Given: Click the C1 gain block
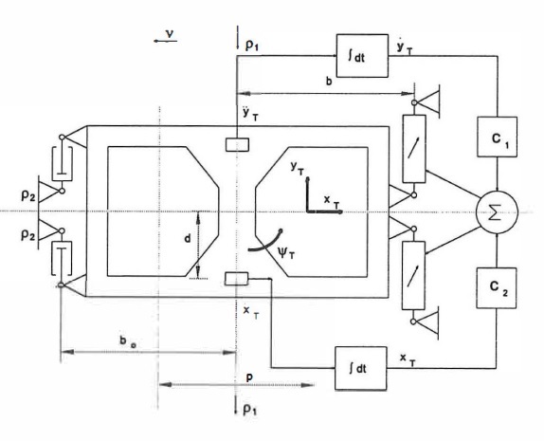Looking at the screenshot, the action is tap(498, 137).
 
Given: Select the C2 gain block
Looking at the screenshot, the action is tap(497, 288).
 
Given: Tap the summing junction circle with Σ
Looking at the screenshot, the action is tap(497, 211).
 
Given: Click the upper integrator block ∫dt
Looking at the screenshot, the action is tap(362, 56).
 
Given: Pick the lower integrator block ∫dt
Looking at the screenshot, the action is tap(361, 368).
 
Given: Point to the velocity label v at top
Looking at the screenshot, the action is tap(170, 34).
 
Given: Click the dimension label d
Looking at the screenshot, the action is tap(188, 239).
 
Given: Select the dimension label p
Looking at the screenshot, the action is tap(248, 378).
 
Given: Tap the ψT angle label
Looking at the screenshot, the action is tap(286, 252).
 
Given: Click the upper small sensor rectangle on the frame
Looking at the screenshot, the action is tap(237, 144).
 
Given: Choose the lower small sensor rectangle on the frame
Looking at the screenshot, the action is tap(237, 279).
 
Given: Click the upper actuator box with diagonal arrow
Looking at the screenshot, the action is tap(414, 149).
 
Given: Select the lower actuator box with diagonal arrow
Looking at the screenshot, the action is tap(413, 275).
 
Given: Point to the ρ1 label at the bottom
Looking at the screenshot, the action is tap(250, 411).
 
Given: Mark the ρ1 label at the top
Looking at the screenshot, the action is tap(252, 46).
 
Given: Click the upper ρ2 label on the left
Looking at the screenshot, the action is tap(27, 196).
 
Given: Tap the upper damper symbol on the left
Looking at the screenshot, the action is tap(63, 163).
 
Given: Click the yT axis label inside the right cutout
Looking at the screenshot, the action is tap(297, 168).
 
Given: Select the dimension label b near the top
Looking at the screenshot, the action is tap(329, 82).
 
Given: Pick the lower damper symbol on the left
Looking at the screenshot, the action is tap(62, 259).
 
